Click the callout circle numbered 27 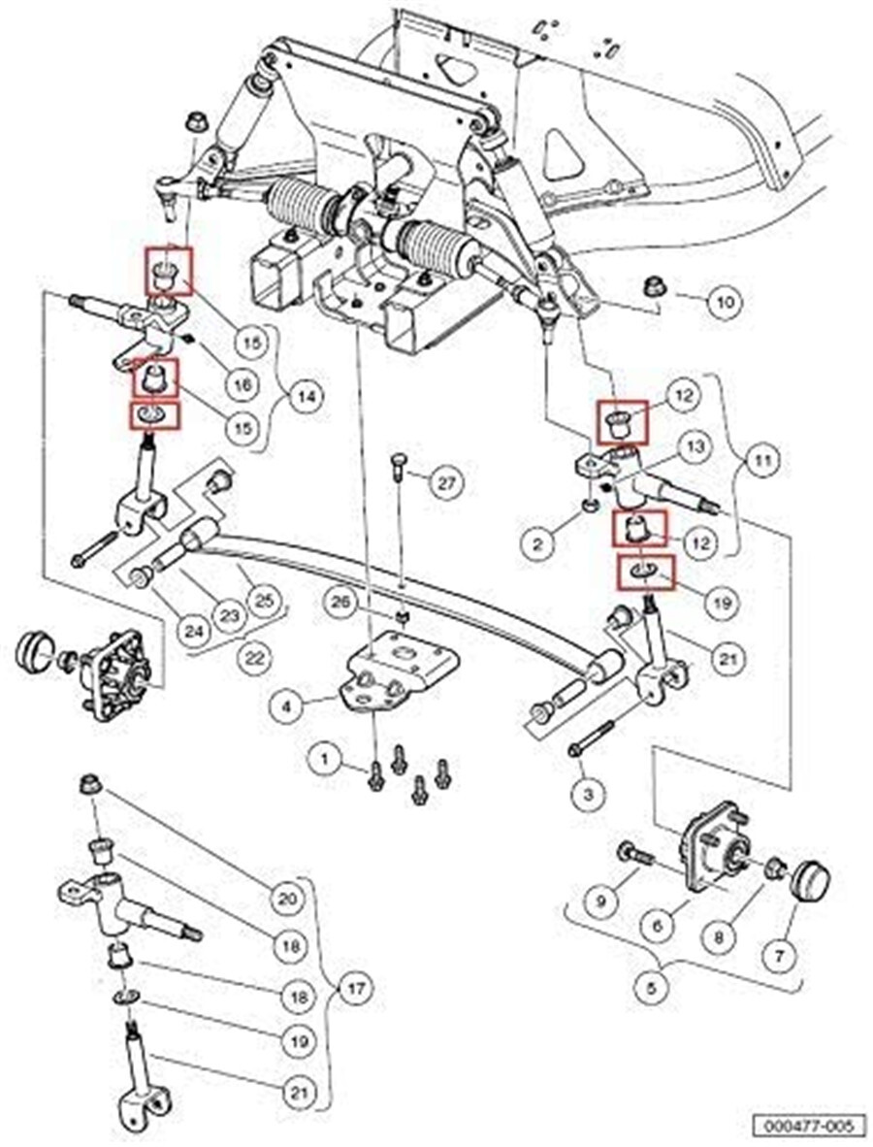click(x=446, y=483)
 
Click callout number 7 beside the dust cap click(x=780, y=955)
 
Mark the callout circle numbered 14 click(x=307, y=397)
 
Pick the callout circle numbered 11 click(x=763, y=461)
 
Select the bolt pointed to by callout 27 click(x=397, y=466)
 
